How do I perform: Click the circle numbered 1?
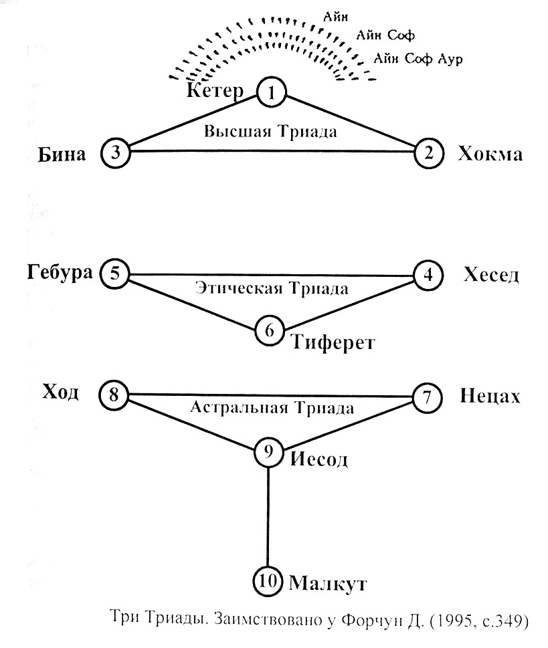(271, 92)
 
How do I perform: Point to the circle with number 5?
(114, 274)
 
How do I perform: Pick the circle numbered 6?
(270, 330)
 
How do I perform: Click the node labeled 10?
(268, 581)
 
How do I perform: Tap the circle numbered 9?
(269, 453)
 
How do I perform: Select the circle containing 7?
(427, 397)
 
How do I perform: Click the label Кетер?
(215, 91)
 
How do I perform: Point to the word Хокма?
(489, 154)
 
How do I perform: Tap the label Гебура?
(60, 273)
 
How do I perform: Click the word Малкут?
(327, 583)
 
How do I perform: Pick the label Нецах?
(490, 397)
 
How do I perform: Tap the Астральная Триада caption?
(272, 407)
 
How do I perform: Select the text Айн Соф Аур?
(419, 58)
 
